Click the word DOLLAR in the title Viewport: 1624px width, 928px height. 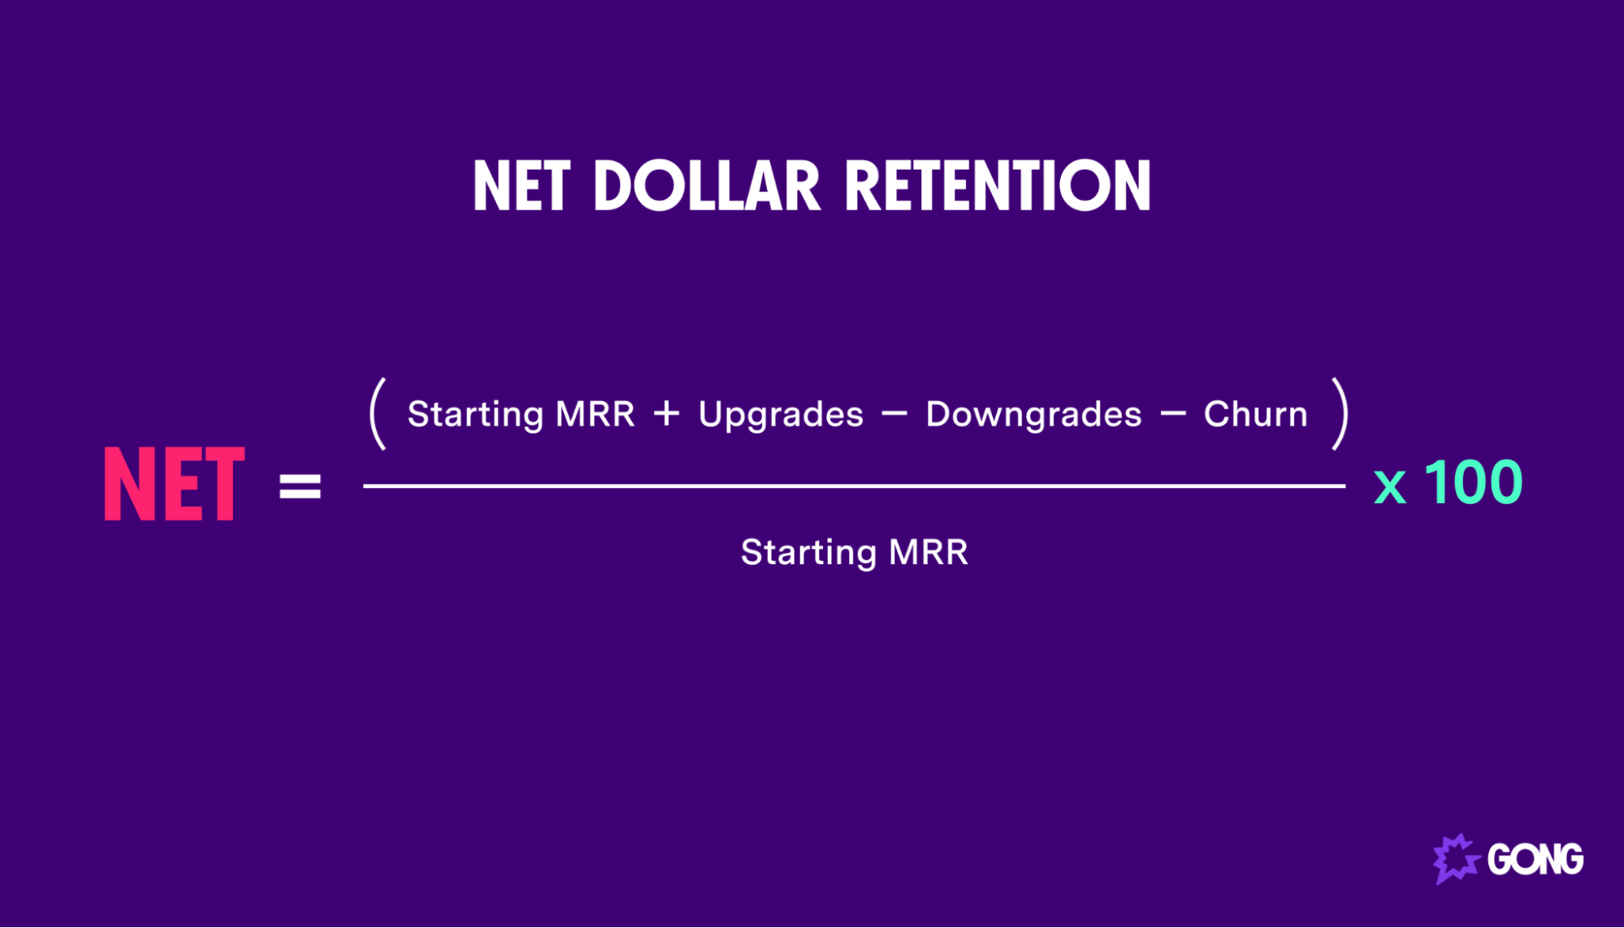tap(706, 186)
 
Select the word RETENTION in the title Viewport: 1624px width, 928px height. tap(998, 186)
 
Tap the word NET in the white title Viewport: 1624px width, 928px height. tap(521, 186)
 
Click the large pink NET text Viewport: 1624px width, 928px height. tap(174, 484)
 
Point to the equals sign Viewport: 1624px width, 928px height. tap(300, 486)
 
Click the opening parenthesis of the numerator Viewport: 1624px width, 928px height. tap(378, 414)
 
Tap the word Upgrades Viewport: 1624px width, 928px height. tap(781, 415)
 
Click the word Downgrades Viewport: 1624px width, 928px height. tap(1033, 415)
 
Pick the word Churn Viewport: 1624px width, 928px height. tap(1255, 414)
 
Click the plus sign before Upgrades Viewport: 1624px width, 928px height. tap(666, 414)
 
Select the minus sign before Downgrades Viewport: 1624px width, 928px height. tap(894, 414)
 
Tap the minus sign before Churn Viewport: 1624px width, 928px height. tap(1172, 414)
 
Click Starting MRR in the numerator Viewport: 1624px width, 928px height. tap(521, 415)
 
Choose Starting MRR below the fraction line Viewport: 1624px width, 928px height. tap(854, 553)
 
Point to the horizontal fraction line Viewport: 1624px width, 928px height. tap(853, 486)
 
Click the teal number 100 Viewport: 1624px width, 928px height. tap(1472, 482)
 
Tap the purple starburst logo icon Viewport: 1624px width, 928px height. tap(1454, 858)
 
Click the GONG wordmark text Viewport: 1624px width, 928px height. tap(1535, 859)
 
